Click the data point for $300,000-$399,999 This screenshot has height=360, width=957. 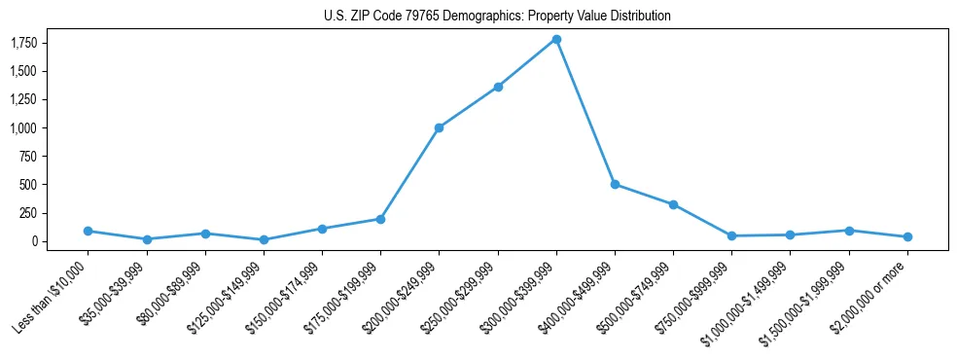point(556,39)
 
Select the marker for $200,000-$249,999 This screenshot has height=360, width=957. point(440,127)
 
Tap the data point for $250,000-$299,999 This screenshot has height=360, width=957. point(498,87)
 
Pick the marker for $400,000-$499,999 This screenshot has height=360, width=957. point(615,184)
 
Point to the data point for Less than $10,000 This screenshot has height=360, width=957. point(88,231)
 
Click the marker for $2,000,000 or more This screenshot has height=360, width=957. point(907,236)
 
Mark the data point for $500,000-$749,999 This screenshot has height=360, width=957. point(673,204)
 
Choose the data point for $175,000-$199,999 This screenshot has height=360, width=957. point(380,219)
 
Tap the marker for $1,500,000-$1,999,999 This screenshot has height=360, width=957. point(849,231)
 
